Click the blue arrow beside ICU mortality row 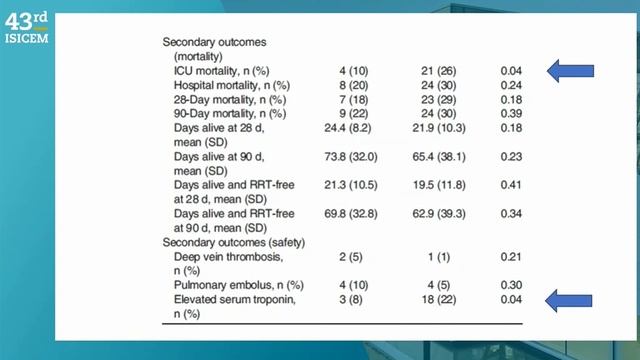click(x=571, y=70)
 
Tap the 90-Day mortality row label click(x=231, y=115)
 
